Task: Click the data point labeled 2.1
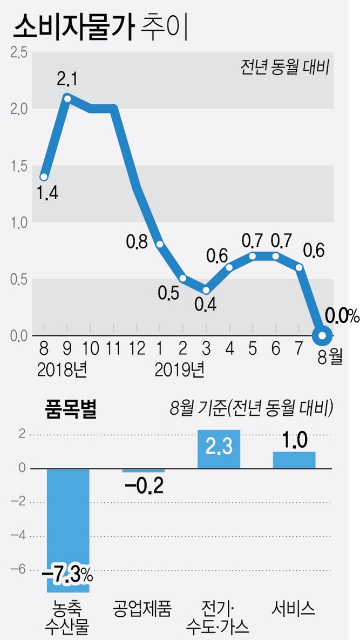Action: [x=67, y=98]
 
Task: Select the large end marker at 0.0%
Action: [x=323, y=336]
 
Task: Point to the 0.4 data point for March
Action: [x=207, y=290]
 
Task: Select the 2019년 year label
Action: [x=179, y=371]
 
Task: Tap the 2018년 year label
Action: [x=63, y=371]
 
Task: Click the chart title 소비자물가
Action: [x=73, y=27]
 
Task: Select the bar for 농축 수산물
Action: [x=68, y=529]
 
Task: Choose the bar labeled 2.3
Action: [x=219, y=449]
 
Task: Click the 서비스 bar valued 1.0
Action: [x=294, y=460]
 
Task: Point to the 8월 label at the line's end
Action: [x=329, y=358]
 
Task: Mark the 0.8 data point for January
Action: [x=160, y=244]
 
